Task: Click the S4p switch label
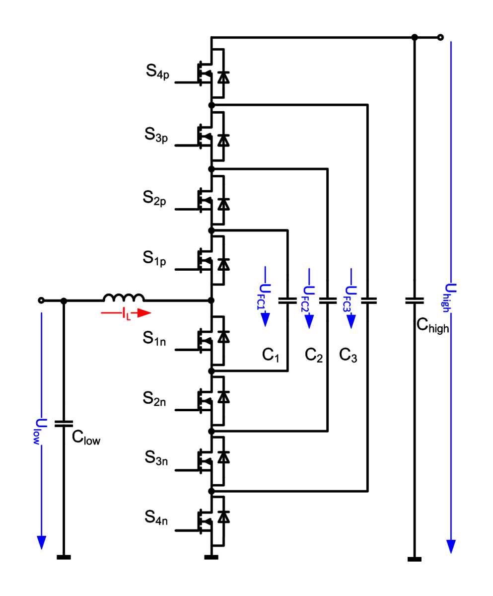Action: pos(157,72)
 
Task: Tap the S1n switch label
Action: pos(154,338)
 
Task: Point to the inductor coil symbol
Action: pos(124,297)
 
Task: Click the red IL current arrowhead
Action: pos(144,313)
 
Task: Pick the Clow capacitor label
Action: pos(86,437)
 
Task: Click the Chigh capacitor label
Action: pos(432,325)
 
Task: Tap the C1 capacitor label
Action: pos(271,355)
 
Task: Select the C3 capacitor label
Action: pos(348,355)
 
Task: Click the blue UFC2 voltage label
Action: pos(308,299)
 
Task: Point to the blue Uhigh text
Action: pos(450,298)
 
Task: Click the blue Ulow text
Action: pos(40,432)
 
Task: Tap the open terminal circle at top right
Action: pos(440,37)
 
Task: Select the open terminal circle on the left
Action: pos(41,300)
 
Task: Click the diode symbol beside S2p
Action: pos(223,204)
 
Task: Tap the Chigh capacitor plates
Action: pos(414,300)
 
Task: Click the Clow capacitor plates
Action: pos(64,424)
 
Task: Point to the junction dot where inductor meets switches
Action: pos(211,300)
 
